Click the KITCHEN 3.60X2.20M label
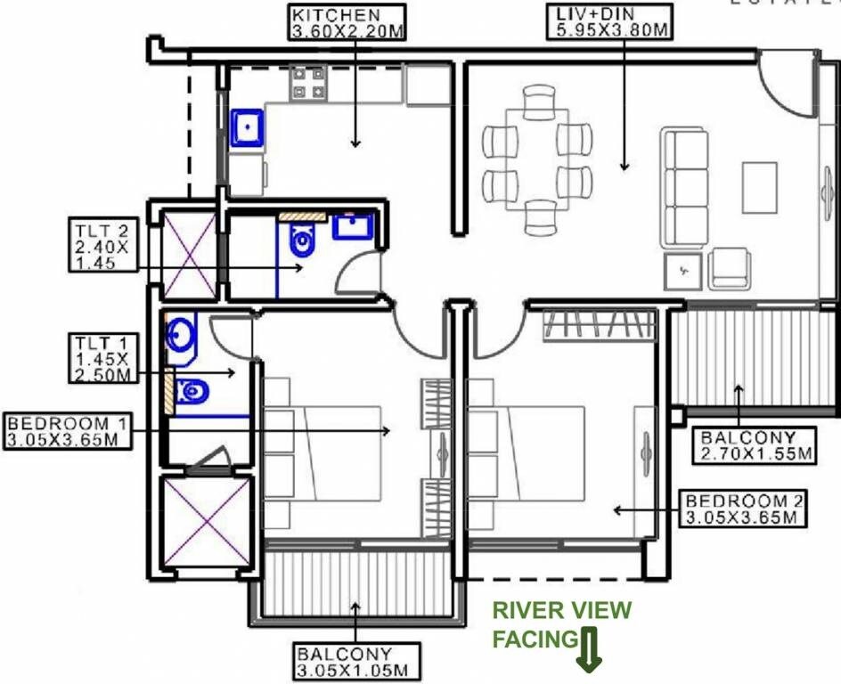(347, 23)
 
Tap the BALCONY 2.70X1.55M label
(755, 445)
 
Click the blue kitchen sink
(248, 126)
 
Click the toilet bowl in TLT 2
(302, 239)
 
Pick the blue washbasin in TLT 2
(354, 227)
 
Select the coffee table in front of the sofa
(760, 186)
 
